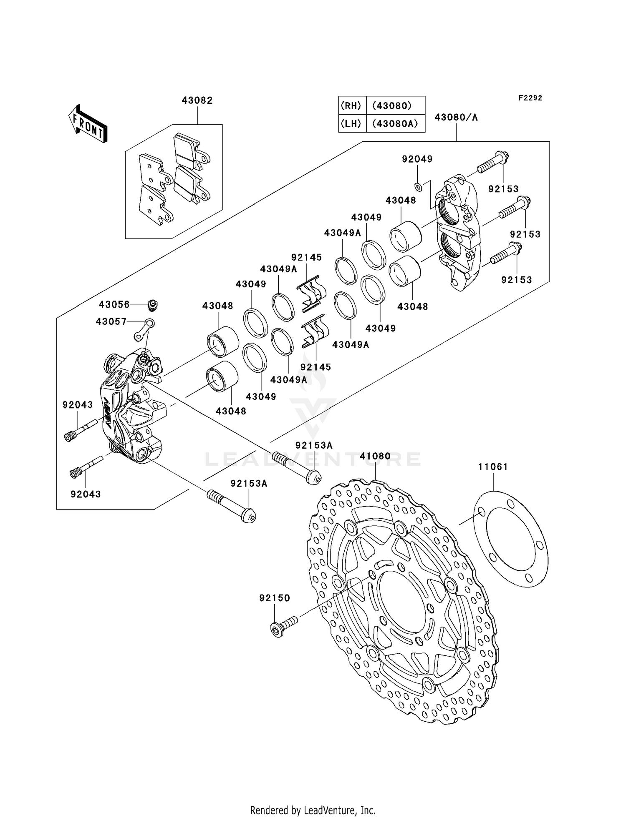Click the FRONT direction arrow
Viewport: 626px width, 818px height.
point(88,124)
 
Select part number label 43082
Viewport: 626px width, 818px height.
point(197,100)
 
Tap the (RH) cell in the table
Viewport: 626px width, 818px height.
point(351,106)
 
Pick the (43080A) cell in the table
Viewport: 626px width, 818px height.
point(395,124)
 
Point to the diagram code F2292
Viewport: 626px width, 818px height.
point(530,98)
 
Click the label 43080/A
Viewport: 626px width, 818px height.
point(456,118)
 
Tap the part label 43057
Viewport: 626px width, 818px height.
point(111,322)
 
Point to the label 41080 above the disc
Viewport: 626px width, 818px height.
point(375,456)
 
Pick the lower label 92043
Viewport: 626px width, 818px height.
point(86,494)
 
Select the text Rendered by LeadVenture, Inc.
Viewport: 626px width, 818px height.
point(313,810)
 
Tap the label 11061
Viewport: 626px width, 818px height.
point(493,467)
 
